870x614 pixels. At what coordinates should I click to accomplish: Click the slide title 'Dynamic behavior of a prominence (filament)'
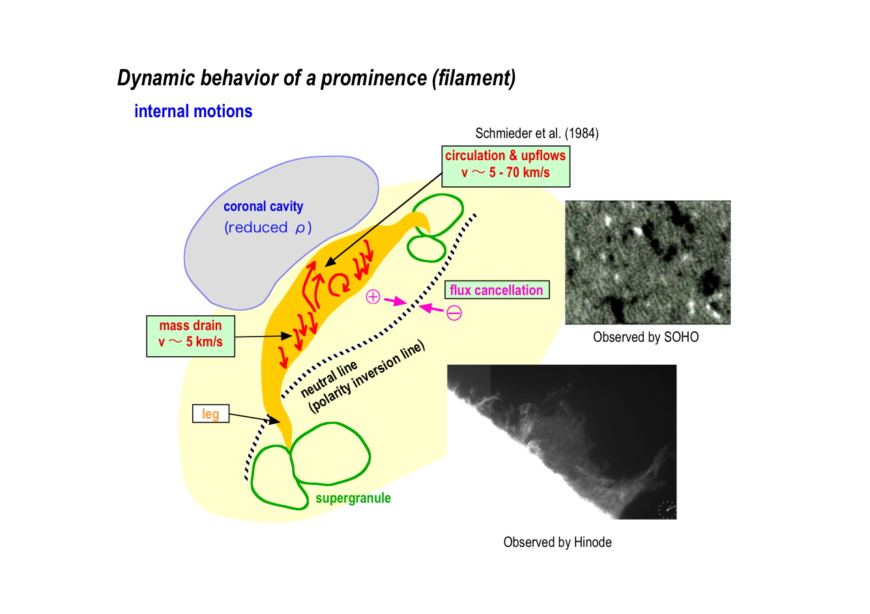click(x=316, y=78)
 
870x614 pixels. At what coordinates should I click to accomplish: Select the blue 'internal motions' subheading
click(x=194, y=111)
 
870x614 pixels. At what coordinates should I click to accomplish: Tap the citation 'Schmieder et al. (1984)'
click(x=537, y=133)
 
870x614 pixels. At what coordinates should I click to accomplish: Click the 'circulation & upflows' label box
click(x=506, y=167)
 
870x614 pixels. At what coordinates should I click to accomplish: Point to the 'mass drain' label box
click(x=190, y=336)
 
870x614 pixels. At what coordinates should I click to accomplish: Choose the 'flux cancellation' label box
click(x=497, y=290)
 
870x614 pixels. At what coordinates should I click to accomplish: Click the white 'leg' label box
click(x=210, y=413)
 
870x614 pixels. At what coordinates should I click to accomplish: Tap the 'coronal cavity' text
click(x=263, y=206)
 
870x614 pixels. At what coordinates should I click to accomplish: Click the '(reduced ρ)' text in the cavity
click(x=268, y=227)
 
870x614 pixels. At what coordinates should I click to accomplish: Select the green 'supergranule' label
click(x=353, y=498)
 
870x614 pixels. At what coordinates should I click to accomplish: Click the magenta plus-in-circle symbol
click(x=373, y=297)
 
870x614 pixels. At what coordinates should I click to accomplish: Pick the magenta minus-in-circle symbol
click(x=454, y=313)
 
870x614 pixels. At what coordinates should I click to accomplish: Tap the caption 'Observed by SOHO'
click(x=646, y=337)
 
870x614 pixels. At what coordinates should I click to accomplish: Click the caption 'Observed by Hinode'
click(x=557, y=542)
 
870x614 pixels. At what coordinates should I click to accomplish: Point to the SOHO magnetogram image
click(x=648, y=262)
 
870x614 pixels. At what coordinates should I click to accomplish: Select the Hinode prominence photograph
click(x=562, y=441)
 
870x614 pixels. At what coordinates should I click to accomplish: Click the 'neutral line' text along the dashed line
click(x=329, y=379)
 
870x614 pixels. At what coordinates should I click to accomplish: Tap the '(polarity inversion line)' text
click(x=367, y=377)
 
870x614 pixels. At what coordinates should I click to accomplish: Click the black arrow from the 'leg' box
click(x=254, y=418)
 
